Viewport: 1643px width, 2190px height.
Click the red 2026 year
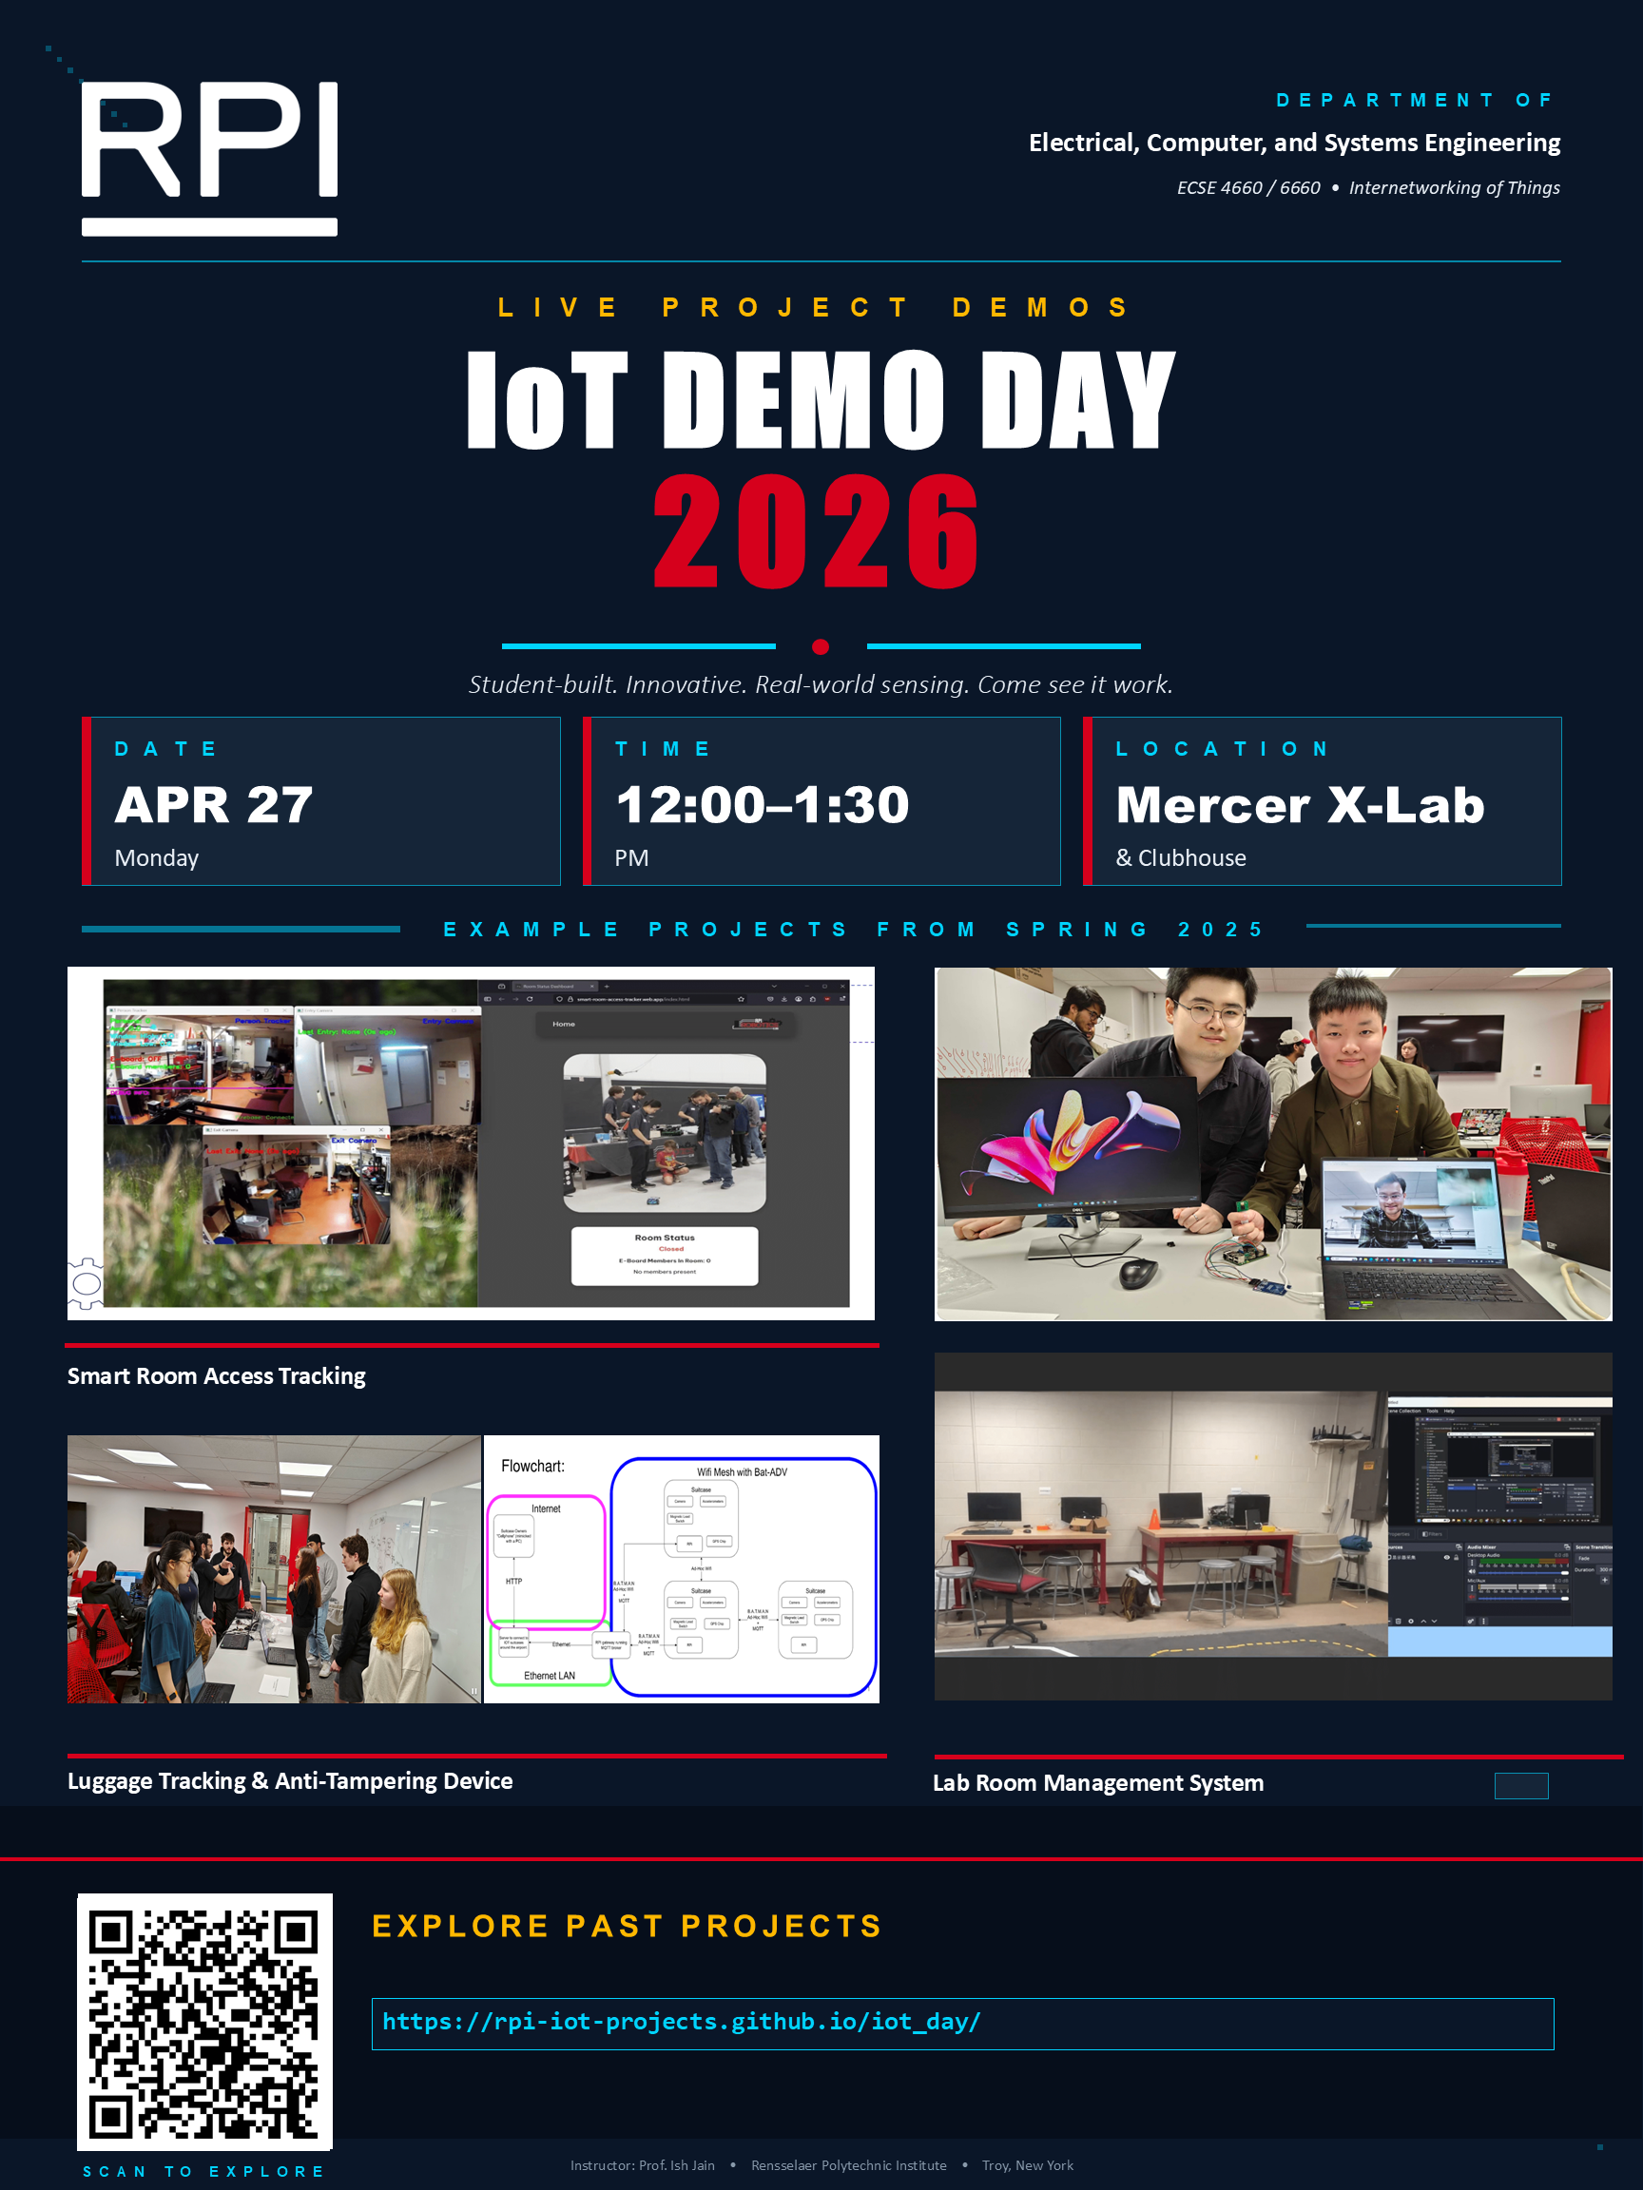click(816, 531)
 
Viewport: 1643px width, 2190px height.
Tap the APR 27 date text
click(214, 804)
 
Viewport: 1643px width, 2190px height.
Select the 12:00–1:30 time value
click(763, 804)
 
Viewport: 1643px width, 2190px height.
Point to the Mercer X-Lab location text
click(1300, 804)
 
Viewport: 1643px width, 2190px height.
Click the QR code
click(204, 2021)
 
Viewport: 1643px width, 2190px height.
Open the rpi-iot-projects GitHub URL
click(682, 2021)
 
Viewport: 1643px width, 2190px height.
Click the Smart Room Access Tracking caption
click(216, 1375)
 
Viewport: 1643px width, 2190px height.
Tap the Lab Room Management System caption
click(1097, 1782)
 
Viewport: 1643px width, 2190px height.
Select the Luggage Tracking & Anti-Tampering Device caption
click(289, 1780)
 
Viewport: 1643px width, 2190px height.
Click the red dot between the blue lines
click(820, 646)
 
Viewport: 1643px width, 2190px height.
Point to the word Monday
click(157, 857)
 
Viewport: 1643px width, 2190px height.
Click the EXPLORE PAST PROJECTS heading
click(627, 1926)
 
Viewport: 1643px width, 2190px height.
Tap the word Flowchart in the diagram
click(532, 1466)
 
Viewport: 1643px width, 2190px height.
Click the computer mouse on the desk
click(1138, 1272)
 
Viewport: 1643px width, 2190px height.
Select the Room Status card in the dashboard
click(665, 1256)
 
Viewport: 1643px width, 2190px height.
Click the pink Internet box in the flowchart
click(546, 1562)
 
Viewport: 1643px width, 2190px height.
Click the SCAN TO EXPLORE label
click(204, 2171)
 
